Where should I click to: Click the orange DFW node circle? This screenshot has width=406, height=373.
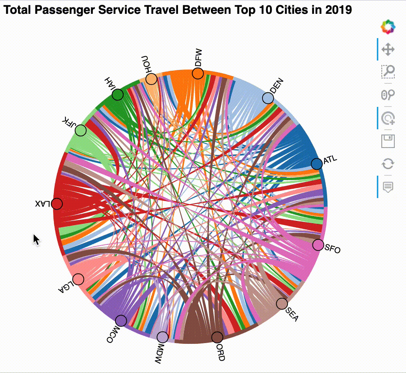tap(198, 73)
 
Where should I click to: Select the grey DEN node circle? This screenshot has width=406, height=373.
tap(268, 98)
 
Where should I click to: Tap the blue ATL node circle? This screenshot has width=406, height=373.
tap(317, 164)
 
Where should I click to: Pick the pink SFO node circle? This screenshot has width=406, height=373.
tap(318, 245)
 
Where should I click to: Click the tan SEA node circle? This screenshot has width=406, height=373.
tap(282, 304)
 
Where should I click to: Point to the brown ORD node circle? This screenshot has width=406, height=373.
tap(217, 337)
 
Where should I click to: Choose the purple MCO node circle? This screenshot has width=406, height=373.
tap(121, 320)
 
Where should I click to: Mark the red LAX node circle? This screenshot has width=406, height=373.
tap(57, 204)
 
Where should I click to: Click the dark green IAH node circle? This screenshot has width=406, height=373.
tap(118, 95)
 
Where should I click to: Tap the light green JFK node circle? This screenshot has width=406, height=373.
tap(81, 130)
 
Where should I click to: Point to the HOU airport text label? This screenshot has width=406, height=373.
tap(145, 64)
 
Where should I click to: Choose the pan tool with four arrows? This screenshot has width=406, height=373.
tap(388, 49)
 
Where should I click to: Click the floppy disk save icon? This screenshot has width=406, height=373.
tap(388, 142)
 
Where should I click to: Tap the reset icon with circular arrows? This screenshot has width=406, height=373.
tap(388, 164)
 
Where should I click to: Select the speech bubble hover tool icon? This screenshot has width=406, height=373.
tap(388, 186)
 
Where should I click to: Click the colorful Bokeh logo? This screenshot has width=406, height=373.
tap(388, 27)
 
